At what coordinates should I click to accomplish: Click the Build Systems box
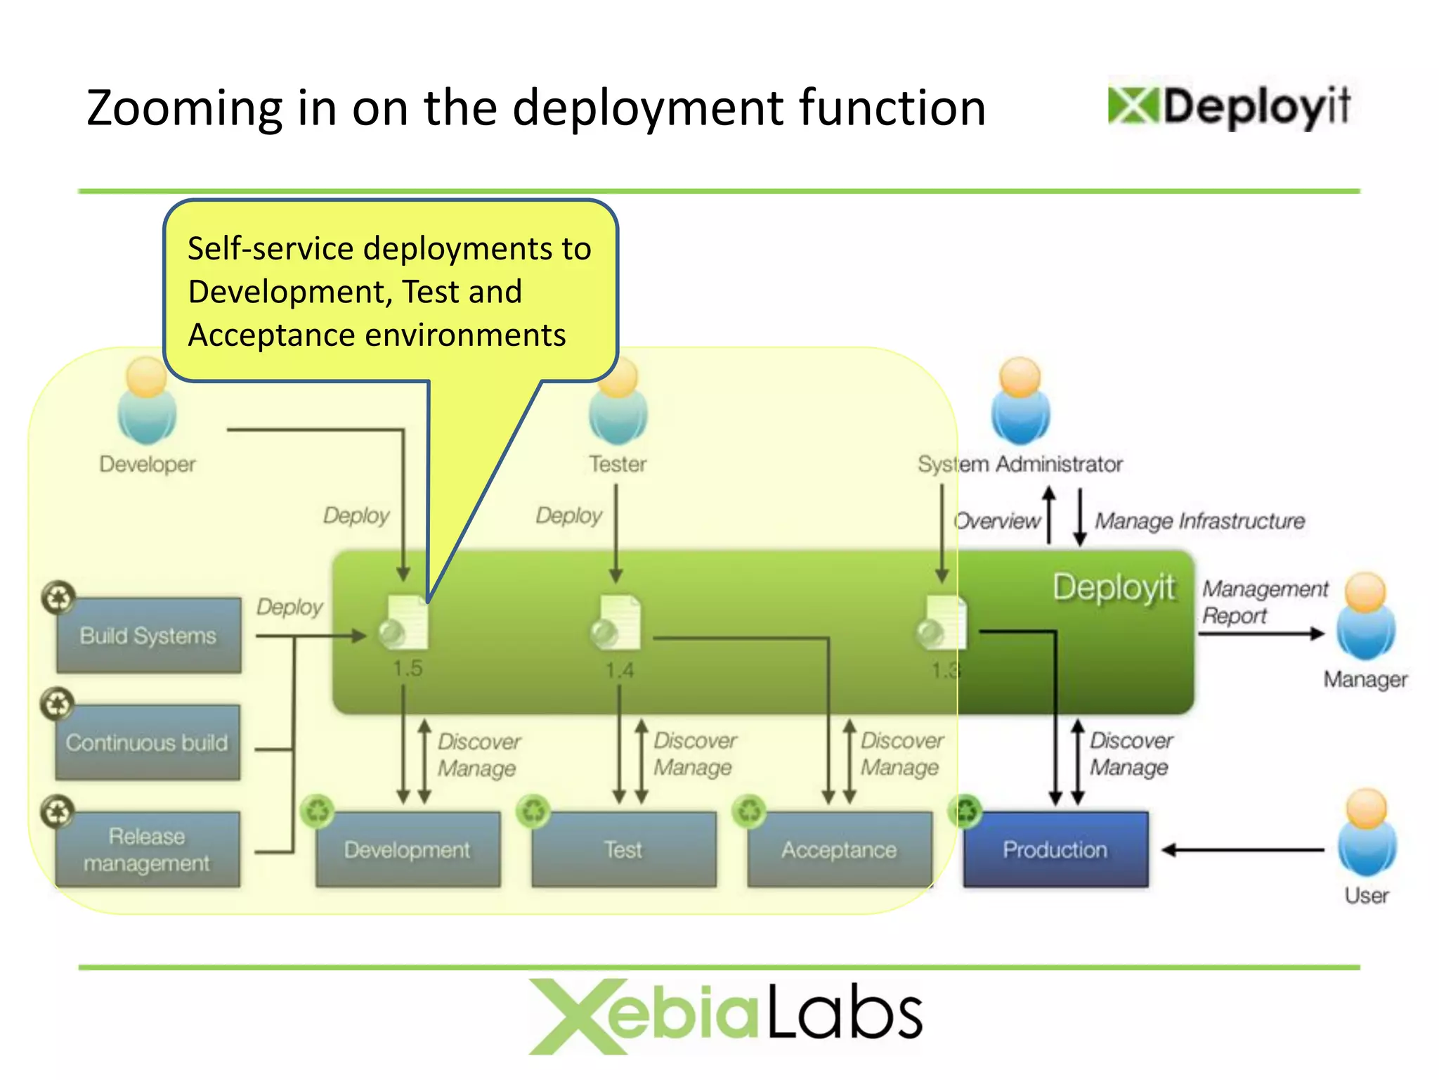pos(148,636)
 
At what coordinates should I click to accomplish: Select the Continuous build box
pos(148,742)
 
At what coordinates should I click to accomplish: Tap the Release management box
pos(148,849)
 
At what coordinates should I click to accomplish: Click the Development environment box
pos(408,849)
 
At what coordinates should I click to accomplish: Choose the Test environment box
pos(624,849)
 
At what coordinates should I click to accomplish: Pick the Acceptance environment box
pos(840,849)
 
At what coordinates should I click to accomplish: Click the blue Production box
pos(1055,849)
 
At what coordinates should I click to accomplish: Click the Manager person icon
pos(1366,617)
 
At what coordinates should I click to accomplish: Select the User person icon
pos(1367,833)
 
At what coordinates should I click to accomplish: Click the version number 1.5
pos(408,668)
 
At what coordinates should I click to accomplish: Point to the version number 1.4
pos(620,670)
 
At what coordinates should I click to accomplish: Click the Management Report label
pos(1263,602)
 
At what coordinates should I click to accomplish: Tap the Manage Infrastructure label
pos(1199,521)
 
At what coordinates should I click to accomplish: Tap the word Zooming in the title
pos(184,108)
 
